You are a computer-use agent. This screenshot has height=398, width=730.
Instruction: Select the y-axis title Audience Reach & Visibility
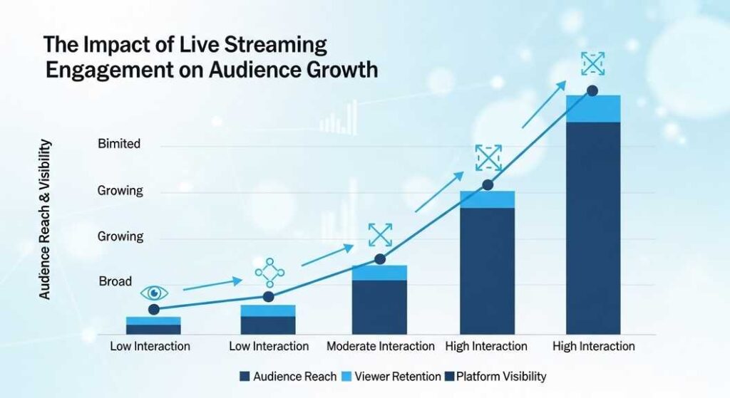click(x=44, y=219)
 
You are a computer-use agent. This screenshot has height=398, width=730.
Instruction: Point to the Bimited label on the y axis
click(x=118, y=144)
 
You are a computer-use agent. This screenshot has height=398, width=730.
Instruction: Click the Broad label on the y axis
click(x=115, y=281)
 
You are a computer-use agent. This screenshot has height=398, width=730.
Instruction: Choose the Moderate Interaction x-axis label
click(x=380, y=346)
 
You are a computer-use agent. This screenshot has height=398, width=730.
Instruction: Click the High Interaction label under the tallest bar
click(x=593, y=346)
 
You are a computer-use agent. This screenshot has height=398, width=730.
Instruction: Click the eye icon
click(x=154, y=293)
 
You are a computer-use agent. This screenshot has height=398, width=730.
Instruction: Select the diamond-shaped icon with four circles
click(x=269, y=271)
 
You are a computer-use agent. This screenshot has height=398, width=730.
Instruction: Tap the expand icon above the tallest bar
click(x=592, y=64)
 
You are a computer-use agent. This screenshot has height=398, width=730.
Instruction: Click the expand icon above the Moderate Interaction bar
click(x=380, y=235)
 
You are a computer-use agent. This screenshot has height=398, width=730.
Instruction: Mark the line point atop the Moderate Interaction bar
click(x=380, y=259)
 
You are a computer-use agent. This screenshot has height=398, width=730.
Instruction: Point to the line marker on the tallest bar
click(x=592, y=90)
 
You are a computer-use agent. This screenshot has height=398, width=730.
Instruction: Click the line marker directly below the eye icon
click(x=154, y=309)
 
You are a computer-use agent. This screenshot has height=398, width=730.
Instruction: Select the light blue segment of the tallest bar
click(x=593, y=109)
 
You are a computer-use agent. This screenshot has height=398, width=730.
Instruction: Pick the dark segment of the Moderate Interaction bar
click(x=380, y=307)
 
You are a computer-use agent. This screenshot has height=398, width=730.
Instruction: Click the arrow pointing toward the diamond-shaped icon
click(x=212, y=286)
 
